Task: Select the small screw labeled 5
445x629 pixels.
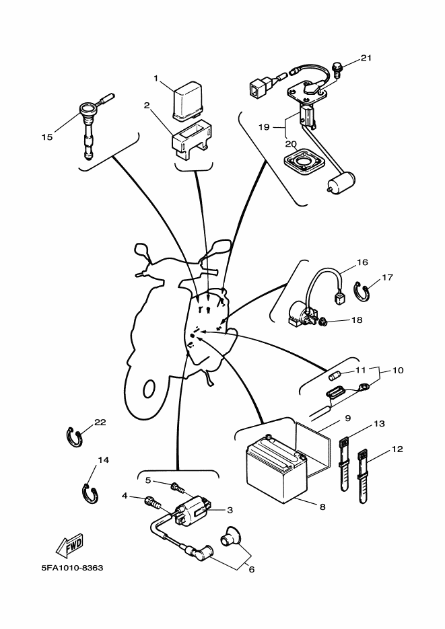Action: pyautogui.click(x=177, y=485)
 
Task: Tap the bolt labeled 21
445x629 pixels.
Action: pyautogui.click(x=337, y=67)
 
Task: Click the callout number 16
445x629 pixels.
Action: pyautogui.click(x=362, y=262)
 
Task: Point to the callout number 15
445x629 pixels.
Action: pyautogui.click(x=46, y=137)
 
